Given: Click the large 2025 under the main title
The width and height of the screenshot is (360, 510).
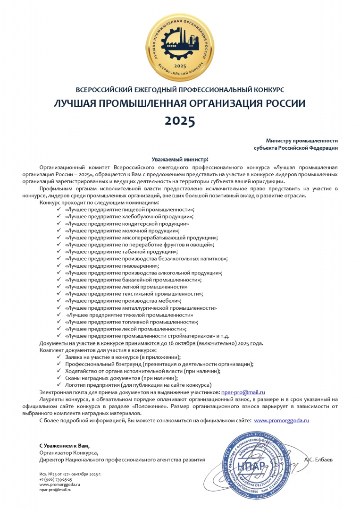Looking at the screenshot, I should (180, 121).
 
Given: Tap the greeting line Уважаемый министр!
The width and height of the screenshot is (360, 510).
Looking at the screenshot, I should (180, 160).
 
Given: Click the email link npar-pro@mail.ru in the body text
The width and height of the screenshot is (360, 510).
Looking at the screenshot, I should (243, 392).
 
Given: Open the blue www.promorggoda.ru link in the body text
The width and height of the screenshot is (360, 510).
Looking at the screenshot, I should (281, 420).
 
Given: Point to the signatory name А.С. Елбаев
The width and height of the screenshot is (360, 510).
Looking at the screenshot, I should (319, 459).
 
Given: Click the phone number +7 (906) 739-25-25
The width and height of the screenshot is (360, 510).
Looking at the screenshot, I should (56, 479).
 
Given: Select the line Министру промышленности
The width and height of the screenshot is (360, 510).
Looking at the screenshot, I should (301, 141).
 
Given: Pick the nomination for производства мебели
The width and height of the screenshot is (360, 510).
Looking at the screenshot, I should (123, 301).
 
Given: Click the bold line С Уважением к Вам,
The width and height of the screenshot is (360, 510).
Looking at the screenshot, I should (64, 446).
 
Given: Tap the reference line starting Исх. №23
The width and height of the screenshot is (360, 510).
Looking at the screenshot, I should (70, 474).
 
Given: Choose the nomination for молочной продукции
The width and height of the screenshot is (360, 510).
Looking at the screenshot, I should (122, 231).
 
